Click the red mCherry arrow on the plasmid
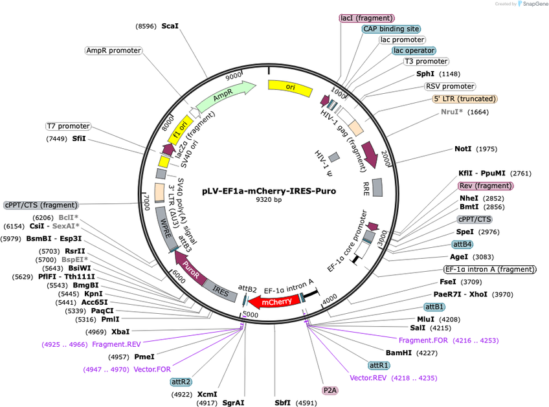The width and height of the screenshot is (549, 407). click(276, 302)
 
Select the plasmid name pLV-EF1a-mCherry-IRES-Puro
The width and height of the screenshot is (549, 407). click(269, 191)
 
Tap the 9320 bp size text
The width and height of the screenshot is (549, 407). click(269, 200)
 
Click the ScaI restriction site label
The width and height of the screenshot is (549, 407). click(170, 27)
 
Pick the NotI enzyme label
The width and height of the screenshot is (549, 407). click(463, 149)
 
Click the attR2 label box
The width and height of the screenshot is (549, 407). click(181, 382)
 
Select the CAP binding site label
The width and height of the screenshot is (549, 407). click(391, 29)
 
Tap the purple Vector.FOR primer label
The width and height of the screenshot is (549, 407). click(152, 369)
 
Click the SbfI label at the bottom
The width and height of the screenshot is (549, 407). click(282, 403)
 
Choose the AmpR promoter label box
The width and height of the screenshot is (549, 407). click(113, 50)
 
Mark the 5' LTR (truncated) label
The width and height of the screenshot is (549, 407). click(465, 99)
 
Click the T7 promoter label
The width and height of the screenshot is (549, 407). click(68, 126)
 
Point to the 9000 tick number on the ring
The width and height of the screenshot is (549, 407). click(234, 76)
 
